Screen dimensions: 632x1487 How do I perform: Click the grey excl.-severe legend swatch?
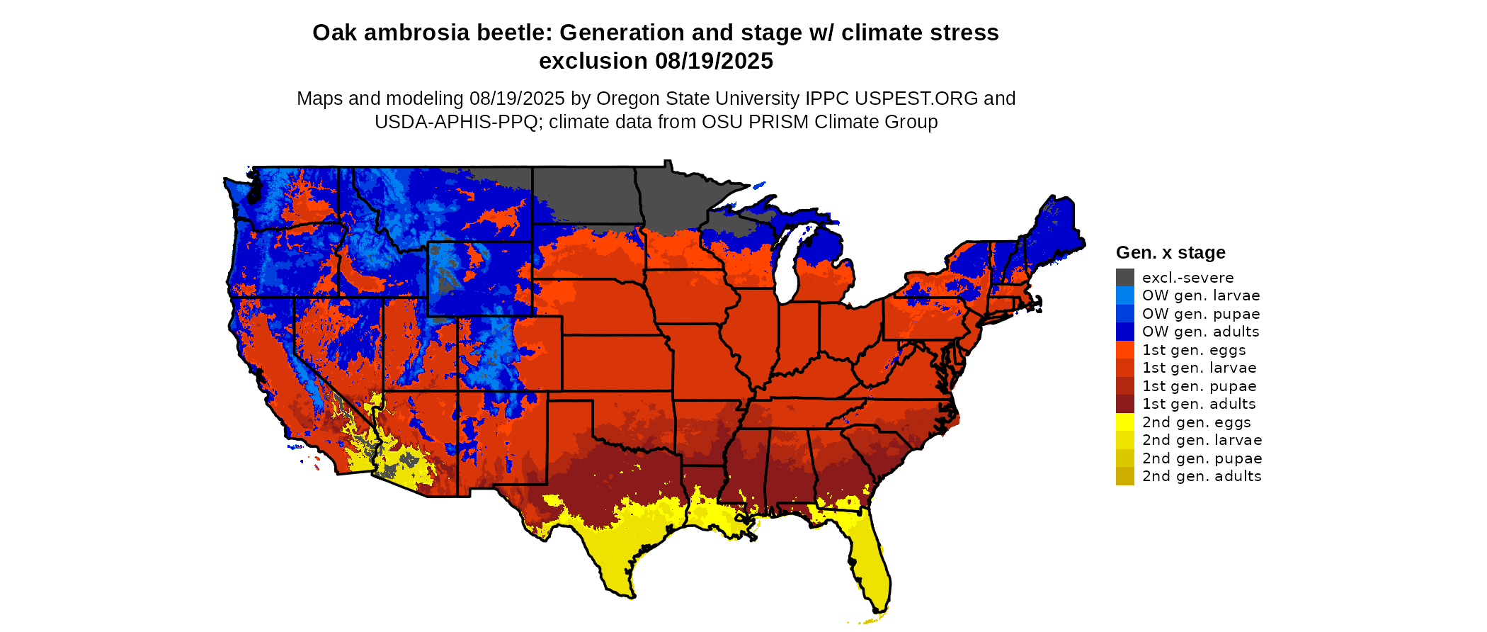click(1124, 278)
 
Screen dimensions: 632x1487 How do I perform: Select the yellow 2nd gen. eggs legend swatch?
click(1124, 422)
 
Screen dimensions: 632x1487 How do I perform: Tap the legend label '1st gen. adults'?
click(1199, 404)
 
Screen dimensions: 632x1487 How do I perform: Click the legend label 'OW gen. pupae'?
click(1201, 314)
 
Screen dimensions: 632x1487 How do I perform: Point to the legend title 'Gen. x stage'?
click(1170, 252)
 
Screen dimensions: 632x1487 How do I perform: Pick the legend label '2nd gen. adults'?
click(1202, 476)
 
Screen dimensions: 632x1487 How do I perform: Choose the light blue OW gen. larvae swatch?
click(1124, 295)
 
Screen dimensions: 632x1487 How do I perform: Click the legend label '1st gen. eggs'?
click(1194, 350)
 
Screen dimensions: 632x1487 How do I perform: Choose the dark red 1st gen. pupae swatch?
click(1124, 386)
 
